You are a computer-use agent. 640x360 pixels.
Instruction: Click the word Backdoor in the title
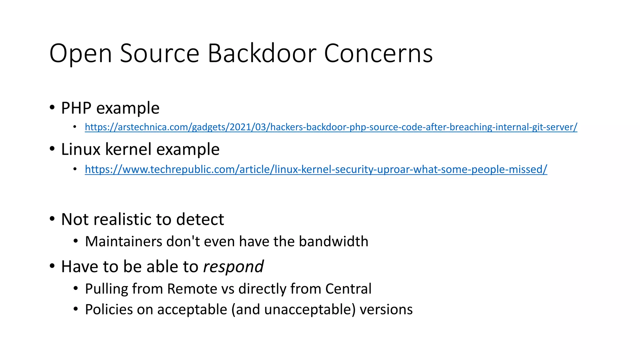[262, 53]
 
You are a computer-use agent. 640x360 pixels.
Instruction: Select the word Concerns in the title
[378, 53]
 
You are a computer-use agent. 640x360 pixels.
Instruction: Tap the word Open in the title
[81, 53]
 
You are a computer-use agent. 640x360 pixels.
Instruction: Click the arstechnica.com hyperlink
[331, 127]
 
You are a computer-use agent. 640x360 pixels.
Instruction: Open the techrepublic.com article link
[316, 169]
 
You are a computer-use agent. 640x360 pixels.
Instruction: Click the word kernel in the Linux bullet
[129, 149]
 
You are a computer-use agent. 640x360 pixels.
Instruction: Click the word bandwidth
[333, 242]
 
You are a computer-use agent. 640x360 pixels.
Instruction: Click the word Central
[348, 289]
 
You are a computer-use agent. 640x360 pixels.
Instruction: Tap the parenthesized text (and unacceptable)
[293, 310]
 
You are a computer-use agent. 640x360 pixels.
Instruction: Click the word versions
[386, 310]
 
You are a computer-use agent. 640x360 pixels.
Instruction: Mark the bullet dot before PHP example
[52, 107]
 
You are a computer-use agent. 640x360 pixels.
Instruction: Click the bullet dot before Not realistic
[52, 219]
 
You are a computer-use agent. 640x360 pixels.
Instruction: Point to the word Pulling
[106, 289]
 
